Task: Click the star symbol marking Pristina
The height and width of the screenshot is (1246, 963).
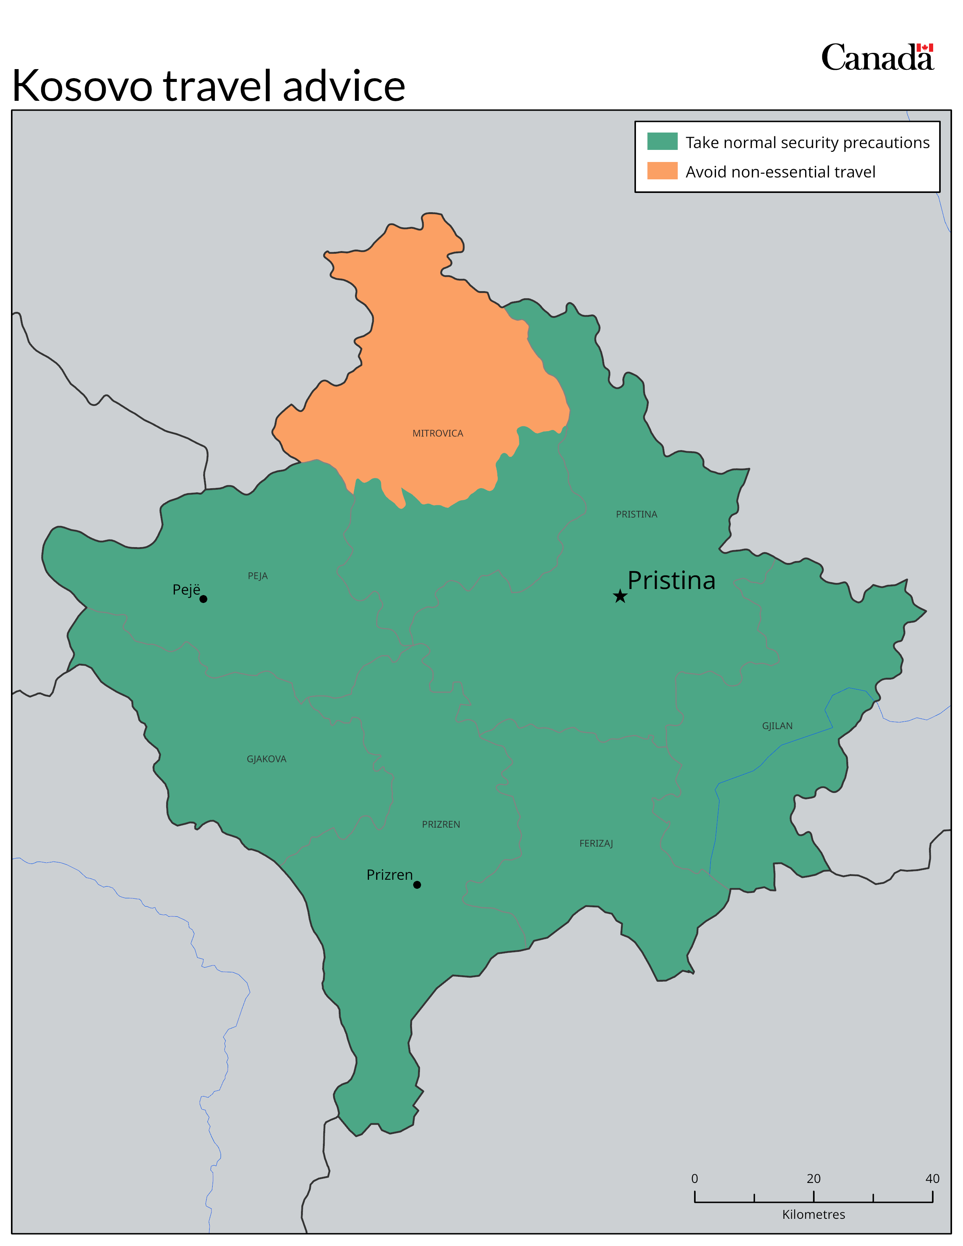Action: pos(620,596)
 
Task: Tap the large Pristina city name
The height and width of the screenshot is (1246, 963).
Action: pos(671,580)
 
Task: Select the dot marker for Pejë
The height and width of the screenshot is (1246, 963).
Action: pos(203,599)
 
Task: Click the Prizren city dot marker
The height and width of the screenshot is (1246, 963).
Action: pos(417,885)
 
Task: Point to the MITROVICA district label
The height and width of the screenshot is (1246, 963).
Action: pos(438,433)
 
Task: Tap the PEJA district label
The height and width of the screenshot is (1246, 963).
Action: pos(257,576)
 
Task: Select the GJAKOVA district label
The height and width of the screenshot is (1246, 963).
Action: pos(266,759)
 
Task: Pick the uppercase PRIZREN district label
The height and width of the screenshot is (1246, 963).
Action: pos(441,824)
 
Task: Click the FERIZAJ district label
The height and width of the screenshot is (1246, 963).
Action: pos(596,843)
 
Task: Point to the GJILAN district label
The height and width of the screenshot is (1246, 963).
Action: pos(777,726)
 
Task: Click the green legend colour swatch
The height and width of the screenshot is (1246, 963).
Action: pos(662,142)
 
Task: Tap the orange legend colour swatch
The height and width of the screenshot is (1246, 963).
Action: pos(662,171)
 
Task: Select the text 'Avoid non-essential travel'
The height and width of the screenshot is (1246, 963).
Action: pos(780,172)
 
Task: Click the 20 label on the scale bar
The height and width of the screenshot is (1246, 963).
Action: pos(813,1179)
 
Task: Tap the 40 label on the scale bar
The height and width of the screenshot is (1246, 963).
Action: pos(932,1179)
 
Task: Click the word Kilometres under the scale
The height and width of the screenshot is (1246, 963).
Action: pos(813,1215)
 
